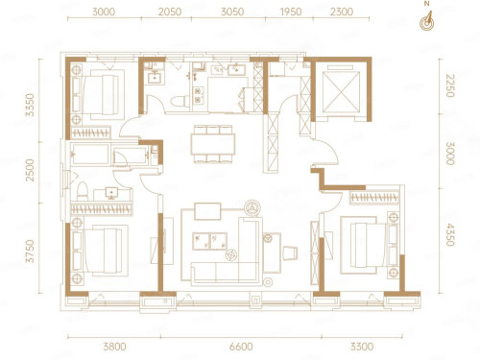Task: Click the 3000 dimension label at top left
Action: click(x=104, y=12)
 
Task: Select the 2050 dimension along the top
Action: click(x=170, y=12)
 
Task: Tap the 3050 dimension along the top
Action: click(x=232, y=12)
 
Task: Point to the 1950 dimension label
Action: click(x=291, y=12)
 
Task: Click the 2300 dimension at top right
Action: click(x=342, y=12)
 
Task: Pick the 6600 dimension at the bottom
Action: click(x=241, y=347)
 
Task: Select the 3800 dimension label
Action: click(x=114, y=347)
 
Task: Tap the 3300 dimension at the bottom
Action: click(x=362, y=347)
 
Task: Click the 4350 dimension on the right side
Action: click(x=450, y=235)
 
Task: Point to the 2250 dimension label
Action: click(x=450, y=85)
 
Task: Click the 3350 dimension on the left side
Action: click(x=30, y=105)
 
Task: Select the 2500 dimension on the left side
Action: click(x=30, y=170)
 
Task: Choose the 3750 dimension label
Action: click(x=30, y=252)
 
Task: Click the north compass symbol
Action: click(x=426, y=21)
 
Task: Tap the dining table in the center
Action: click(x=213, y=144)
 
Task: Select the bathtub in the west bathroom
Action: click(x=90, y=155)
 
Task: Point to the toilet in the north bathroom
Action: click(x=180, y=102)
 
